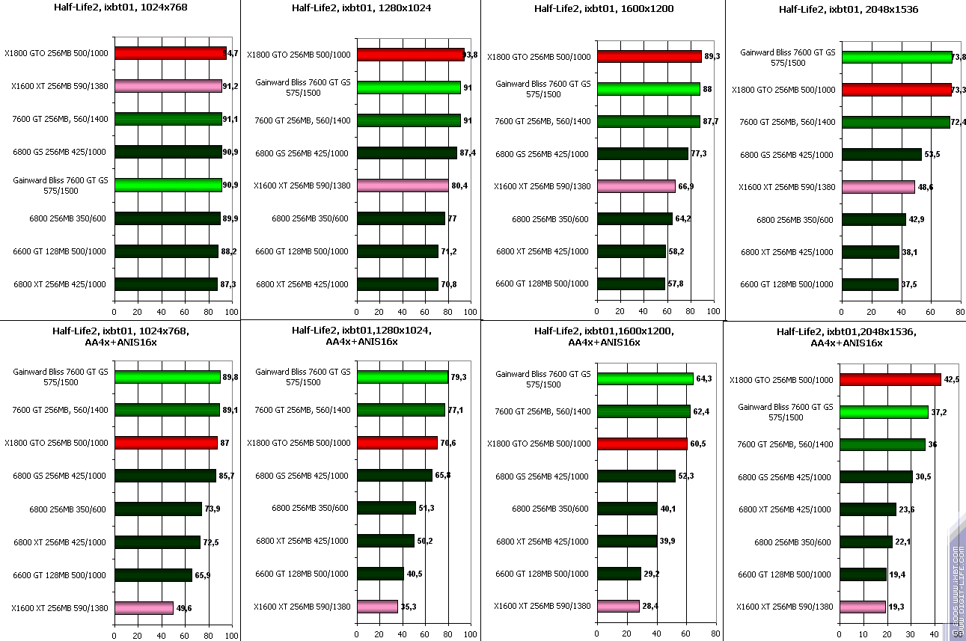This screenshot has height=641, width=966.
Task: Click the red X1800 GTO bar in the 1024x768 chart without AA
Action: click(x=170, y=53)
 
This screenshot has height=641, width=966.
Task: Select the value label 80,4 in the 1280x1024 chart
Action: click(x=459, y=185)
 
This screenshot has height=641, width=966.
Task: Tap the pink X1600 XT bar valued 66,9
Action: click(x=635, y=186)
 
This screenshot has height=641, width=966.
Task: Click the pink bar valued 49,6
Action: click(x=144, y=608)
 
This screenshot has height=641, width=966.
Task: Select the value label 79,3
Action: click(x=459, y=377)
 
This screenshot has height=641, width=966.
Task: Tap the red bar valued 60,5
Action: click(x=641, y=444)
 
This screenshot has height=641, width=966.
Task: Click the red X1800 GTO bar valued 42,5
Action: click(x=890, y=379)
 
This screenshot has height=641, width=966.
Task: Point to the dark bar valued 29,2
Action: click(x=618, y=574)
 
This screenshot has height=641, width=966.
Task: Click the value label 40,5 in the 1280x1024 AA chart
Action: click(x=415, y=574)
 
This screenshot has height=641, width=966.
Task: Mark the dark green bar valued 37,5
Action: click(x=869, y=284)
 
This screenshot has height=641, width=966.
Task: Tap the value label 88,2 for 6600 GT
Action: click(x=229, y=251)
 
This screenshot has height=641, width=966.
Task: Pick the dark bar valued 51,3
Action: click(x=386, y=508)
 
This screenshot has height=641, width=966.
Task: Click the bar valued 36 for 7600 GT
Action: click(x=882, y=444)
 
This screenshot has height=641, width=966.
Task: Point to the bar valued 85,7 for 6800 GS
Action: click(x=165, y=476)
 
